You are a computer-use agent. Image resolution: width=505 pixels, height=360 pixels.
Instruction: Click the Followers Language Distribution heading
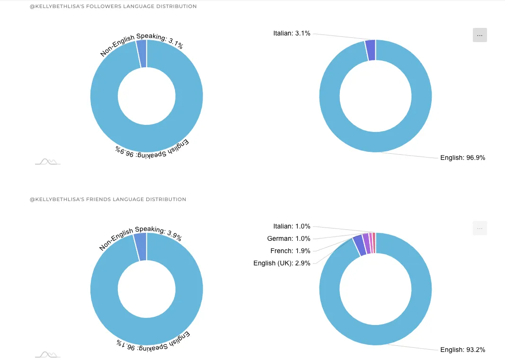[x=113, y=7]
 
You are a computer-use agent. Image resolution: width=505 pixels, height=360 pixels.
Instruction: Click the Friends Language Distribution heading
[x=108, y=200]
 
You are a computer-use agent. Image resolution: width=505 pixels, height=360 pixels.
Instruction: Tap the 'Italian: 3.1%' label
[x=292, y=34]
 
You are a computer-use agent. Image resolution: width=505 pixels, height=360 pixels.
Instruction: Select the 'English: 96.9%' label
[x=462, y=158]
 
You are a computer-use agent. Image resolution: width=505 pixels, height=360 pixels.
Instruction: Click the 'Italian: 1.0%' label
[x=292, y=227]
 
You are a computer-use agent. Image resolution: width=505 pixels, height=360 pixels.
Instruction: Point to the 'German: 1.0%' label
[x=289, y=239]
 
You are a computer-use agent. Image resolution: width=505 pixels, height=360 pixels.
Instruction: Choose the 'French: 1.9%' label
[x=290, y=251]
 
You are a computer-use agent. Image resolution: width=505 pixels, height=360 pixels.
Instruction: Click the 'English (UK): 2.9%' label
[x=282, y=263]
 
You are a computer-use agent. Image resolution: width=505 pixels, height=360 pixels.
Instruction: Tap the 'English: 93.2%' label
[x=462, y=350]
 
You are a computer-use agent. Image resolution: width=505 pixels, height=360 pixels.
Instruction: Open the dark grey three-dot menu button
[x=479, y=35]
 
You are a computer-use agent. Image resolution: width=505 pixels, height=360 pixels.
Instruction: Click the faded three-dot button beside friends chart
[x=479, y=228]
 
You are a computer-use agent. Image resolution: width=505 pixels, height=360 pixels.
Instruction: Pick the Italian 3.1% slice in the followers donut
[x=371, y=50]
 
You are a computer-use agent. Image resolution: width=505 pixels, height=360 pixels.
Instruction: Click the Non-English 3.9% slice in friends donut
[x=141, y=246]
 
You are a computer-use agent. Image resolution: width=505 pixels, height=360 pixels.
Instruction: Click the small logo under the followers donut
[x=47, y=162]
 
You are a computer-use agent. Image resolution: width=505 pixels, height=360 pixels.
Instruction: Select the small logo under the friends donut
[x=47, y=354]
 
